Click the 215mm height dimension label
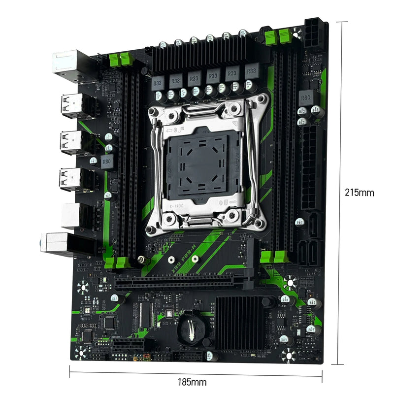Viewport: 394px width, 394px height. [359, 192]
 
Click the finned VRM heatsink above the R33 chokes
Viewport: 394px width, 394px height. [207, 57]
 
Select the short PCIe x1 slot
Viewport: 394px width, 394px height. [129, 345]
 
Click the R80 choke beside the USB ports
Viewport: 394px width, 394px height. [107, 162]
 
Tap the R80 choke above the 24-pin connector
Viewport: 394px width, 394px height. [306, 97]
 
